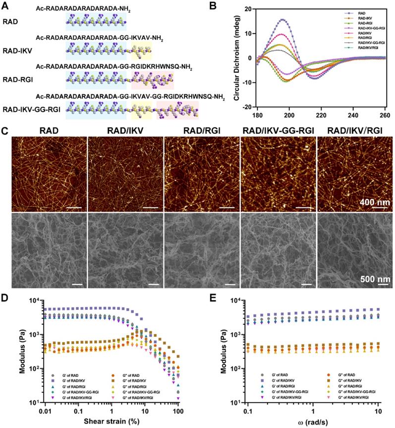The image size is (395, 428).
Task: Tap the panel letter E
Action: (209, 300)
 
